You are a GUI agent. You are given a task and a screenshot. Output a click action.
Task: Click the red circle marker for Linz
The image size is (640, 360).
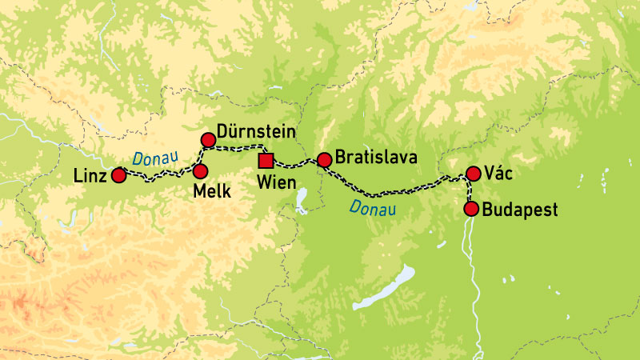118,175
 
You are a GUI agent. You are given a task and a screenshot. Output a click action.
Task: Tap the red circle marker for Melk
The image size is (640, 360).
200,171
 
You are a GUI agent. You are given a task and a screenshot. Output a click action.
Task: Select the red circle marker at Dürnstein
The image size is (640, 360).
209,141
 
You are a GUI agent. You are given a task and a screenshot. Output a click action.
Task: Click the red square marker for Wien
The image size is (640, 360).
266,160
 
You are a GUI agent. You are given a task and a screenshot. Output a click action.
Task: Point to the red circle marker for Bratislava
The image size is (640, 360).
324,160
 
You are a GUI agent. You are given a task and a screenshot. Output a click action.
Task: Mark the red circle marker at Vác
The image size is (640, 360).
473,173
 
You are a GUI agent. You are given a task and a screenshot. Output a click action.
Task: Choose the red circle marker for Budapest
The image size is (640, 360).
471,210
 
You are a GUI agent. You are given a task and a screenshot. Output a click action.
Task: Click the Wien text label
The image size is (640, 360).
276,182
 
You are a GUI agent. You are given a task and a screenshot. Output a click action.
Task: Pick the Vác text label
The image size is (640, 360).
501,174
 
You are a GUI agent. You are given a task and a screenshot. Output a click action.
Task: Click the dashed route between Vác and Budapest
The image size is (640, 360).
470,192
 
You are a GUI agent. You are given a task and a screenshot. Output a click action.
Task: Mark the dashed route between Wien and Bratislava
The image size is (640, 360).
296,164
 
